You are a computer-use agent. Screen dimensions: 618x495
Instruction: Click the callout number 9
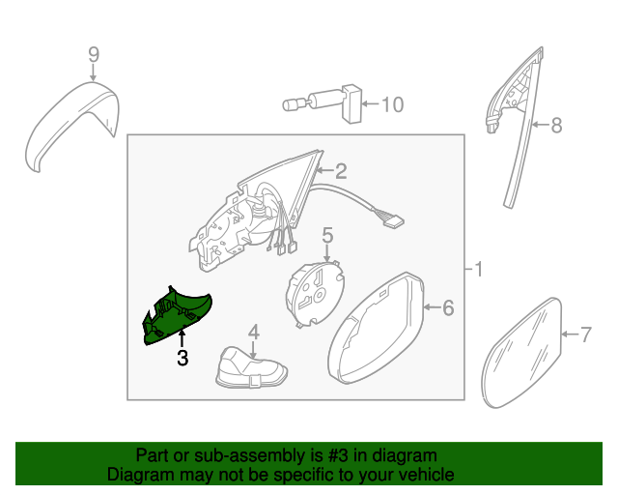pyautogui.click(x=94, y=54)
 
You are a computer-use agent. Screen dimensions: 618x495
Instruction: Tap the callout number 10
pyautogui.click(x=393, y=104)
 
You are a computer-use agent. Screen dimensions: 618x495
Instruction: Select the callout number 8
pyautogui.click(x=556, y=125)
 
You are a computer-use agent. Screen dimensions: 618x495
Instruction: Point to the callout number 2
pyautogui.click(x=341, y=171)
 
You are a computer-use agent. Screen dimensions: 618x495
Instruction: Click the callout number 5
pyautogui.click(x=327, y=235)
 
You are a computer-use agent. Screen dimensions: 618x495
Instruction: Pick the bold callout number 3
pyautogui.click(x=183, y=358)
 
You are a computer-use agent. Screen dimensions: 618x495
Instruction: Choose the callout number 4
pyautogui.click(x=253, y=332)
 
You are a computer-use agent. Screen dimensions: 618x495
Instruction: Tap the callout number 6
pyautogui.click(x=448, y=307)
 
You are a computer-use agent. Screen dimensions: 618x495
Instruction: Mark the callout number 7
pyautogui.click(x=586, y=335)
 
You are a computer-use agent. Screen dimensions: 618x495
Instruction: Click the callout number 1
pyautogui.click(x=478, y=270)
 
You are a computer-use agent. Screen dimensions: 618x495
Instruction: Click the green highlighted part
pyautogui.click(x=178, y=316)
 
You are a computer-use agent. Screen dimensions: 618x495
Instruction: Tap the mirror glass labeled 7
pyautogui.click(x=521, y=353)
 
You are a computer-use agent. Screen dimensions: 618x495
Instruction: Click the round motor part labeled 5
pyautogui.click(x=315, y=293)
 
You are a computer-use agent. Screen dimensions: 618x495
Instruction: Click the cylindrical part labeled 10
pyautogui.click(x=323, y=103)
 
